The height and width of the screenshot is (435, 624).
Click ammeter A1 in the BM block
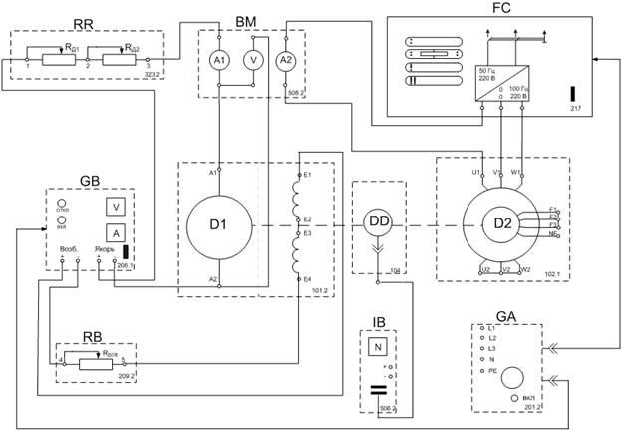coord(218,60)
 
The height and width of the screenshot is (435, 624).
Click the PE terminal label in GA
coord(492,370)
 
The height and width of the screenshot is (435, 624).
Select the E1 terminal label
coord(308,175)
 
